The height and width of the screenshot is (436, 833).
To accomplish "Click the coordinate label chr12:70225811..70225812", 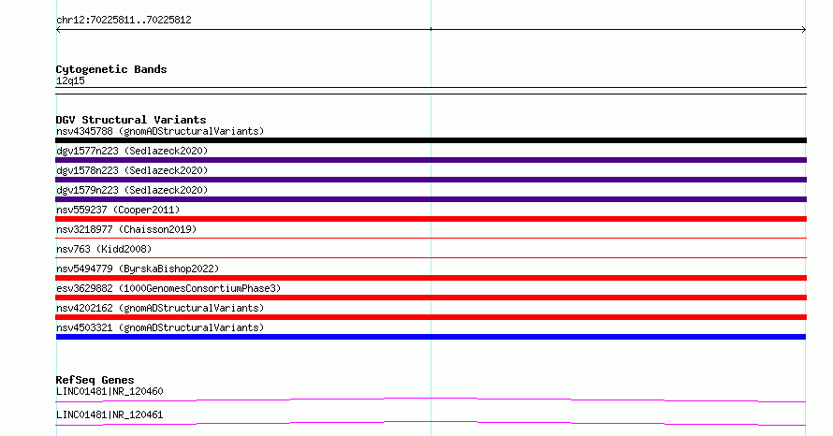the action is point(124,21).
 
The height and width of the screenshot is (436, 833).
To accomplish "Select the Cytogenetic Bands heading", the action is point(111,69).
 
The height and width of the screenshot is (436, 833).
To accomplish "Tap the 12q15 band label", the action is point(70,80).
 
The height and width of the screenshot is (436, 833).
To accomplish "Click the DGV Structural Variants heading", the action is point(131,120).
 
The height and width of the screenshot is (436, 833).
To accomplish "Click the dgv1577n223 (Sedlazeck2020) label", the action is point(132,151).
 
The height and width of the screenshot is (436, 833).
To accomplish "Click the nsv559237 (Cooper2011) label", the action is point(118,210).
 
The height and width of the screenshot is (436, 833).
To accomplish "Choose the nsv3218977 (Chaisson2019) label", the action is point(126,229).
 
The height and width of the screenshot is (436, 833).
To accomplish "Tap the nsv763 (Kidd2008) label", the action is point(104,249).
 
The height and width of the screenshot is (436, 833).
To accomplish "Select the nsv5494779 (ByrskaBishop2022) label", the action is point(138,269).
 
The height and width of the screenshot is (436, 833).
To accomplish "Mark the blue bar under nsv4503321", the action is point(431,337).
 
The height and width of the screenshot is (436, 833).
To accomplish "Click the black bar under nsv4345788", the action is point(431,140).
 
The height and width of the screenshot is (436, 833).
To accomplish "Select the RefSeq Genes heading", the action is point(95,380).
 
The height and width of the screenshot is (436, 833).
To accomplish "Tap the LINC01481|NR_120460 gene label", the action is point(110,391).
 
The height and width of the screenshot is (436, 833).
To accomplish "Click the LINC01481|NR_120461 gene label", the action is point(110,414).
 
